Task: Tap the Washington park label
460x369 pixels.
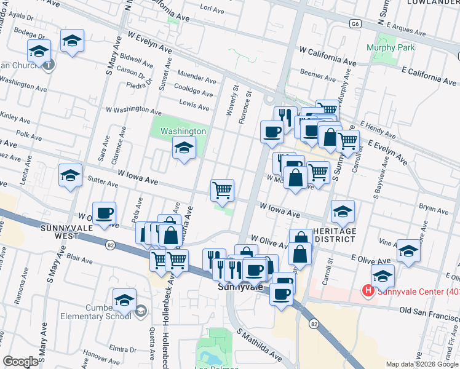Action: point(183,131)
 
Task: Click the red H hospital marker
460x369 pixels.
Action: point(368,290)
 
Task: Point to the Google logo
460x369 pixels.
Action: point(20,362)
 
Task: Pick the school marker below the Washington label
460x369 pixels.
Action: point(183,148)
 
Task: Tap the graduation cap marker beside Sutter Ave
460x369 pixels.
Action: point(70,175)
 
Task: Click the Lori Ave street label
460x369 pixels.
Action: point(212,7)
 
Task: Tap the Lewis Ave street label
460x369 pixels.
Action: point(194,106)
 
